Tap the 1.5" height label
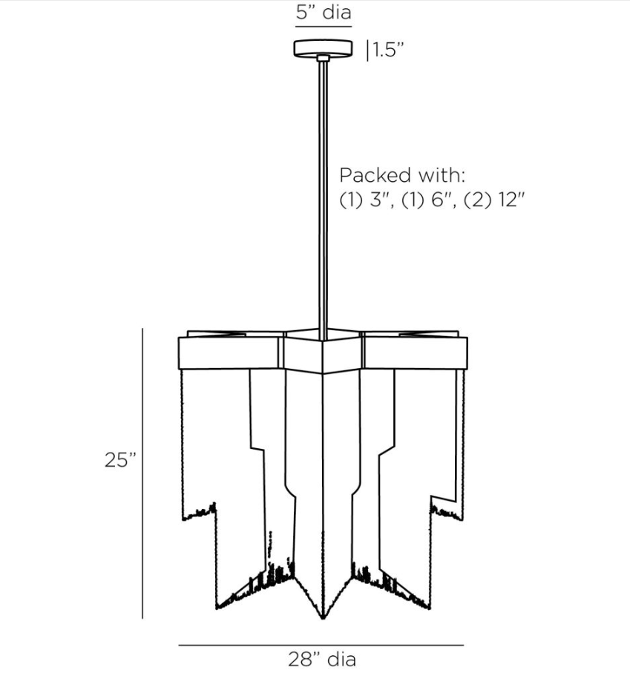(387, 50)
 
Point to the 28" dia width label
(321, 659)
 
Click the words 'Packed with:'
(402, 176)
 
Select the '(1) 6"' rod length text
(428, 200)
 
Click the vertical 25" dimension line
(142, 475)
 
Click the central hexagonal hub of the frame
(323, 353)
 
